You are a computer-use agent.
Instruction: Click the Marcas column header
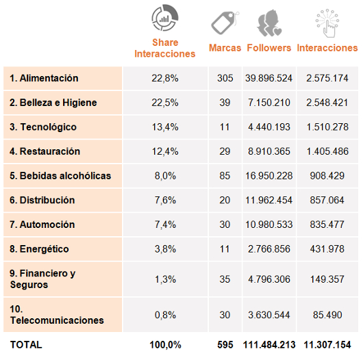point(225,48)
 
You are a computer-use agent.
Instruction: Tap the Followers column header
point(268,48)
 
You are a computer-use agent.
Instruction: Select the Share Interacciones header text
point(165,48)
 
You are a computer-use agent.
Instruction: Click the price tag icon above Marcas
point(225,23)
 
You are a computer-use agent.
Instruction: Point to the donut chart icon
point(165,18)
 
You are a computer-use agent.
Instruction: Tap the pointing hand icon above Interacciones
point(327,23)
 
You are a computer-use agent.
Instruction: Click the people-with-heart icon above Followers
point(269,23)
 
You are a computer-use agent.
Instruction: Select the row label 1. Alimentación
point(44,78)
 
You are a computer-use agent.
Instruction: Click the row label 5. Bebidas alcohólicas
point(60,176)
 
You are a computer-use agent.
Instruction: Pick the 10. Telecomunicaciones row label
point(57,315)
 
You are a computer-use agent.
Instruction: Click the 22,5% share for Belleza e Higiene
point(165,103)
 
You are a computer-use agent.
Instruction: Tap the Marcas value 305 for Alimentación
point(225,78)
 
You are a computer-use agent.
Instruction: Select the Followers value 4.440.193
point(269,127)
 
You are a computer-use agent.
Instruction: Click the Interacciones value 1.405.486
point(327,151)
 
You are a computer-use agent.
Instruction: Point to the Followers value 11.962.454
point(269,200)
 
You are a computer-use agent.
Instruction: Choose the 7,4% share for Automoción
point(165,224)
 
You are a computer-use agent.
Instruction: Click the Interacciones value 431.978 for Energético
point(327,249)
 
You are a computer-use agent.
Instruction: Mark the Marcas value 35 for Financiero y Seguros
point(225,279)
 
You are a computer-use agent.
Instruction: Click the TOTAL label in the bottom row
point(26,345)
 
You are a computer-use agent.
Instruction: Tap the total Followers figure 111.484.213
point(269,345)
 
